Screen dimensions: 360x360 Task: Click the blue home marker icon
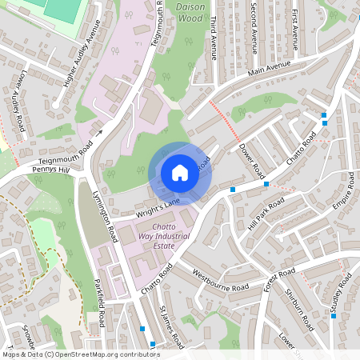(x=180, y=173)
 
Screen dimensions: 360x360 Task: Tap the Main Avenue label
(x=267, y=72)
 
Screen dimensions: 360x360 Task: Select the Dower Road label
(x=251, y=160)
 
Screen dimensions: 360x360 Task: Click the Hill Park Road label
(x=266, y=214)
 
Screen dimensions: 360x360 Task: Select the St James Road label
(x=171, y=326)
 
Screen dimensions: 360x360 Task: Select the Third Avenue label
(x=213, y=40)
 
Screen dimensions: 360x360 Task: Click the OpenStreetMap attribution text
(x=80, y=354)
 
